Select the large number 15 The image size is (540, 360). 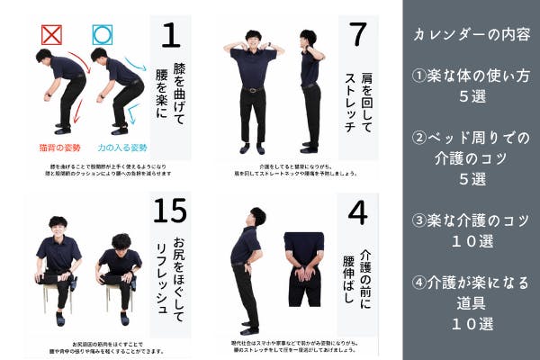click(x=170, y=212)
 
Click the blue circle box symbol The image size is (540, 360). click(x=103, y=34)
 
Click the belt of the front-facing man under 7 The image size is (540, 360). click(x=253, y=89)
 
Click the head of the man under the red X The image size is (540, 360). click(x=42, y=56)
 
